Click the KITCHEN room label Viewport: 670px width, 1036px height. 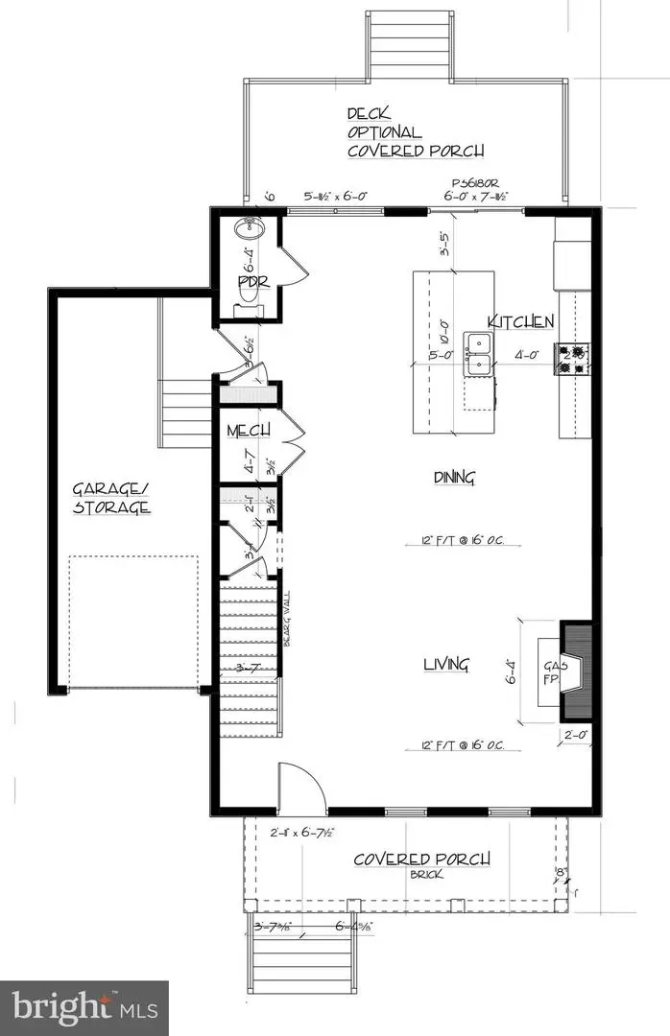520,321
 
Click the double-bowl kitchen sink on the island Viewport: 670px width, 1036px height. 477,352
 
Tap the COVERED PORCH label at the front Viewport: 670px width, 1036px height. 422,858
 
